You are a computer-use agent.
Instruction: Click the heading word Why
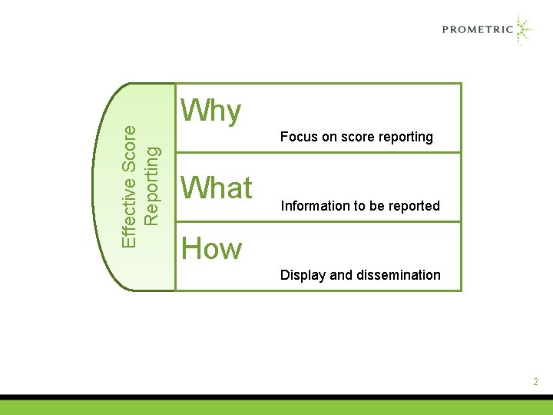pos(210,112)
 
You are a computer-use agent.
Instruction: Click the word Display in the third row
pos(303,275)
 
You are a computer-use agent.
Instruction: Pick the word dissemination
pos(399,275)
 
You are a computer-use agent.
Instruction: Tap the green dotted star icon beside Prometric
pos(523,30)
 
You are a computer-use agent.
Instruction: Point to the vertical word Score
pos(131,147)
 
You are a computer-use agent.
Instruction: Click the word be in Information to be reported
pos(378,206)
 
